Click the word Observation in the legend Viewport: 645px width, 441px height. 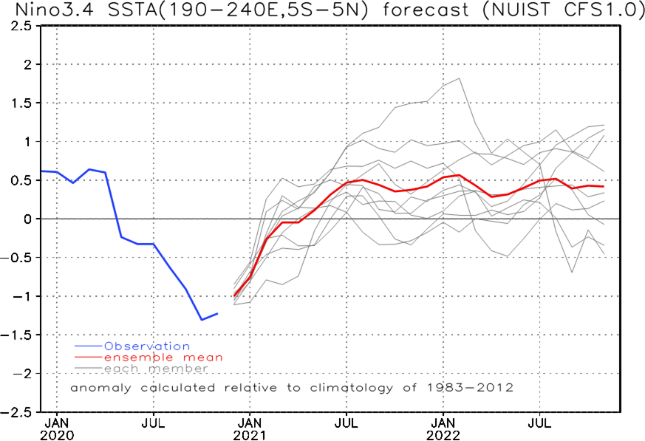pos(146,346)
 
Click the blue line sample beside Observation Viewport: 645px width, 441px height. pos(88,346)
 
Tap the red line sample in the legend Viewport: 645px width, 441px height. pos(88,358)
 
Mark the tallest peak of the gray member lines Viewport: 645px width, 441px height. pos(459,78)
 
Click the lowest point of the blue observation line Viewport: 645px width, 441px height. pos(202,320)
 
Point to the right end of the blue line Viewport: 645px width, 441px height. pos(218,313)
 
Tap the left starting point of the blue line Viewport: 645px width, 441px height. pos(43,171)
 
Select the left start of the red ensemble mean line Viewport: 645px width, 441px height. pos(233,296)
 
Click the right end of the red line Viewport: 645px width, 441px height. pos(604,187)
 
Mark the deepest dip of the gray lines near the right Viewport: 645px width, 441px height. pos(572,272)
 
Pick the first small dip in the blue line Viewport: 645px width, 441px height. pos(72,182)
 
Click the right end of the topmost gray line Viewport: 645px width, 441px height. pos(604,125)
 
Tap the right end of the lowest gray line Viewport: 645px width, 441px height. pos(604,255)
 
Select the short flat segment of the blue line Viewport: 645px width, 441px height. pos(146,244)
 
